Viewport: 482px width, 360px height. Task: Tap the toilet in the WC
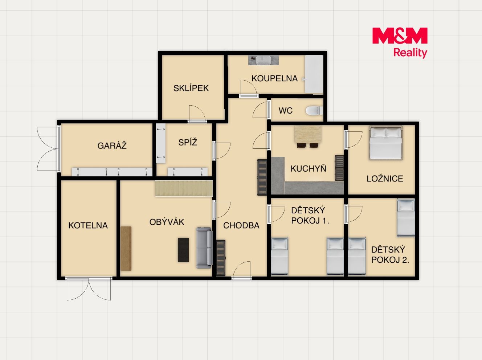[314, 111]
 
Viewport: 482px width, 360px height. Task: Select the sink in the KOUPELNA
[263, 60]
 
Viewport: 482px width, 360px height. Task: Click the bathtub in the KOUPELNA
[314, 74]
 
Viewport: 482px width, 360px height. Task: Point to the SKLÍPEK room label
[191, 88]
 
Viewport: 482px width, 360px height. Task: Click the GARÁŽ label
[112, 146]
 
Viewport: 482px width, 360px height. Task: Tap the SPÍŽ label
[188, 142]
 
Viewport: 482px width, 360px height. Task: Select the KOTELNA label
[88, 225]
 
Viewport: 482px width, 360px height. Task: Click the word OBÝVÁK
[167, 222]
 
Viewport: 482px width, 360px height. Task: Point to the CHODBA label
[241, 225]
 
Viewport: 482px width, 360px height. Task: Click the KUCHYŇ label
[308, 168]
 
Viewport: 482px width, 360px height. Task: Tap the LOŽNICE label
[385, 179]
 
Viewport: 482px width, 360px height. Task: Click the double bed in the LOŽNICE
[385, 143]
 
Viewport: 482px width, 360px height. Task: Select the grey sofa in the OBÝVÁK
[204, 248]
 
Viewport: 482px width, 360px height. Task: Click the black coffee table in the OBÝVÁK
[183, 250]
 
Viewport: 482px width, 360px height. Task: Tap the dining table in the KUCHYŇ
[308, 134]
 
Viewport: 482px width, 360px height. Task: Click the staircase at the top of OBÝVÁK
[184, 188]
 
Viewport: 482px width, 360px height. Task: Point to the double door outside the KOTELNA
[89, 289]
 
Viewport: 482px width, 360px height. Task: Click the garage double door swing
[48, 149]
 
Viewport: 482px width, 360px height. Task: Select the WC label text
[286, 111]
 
